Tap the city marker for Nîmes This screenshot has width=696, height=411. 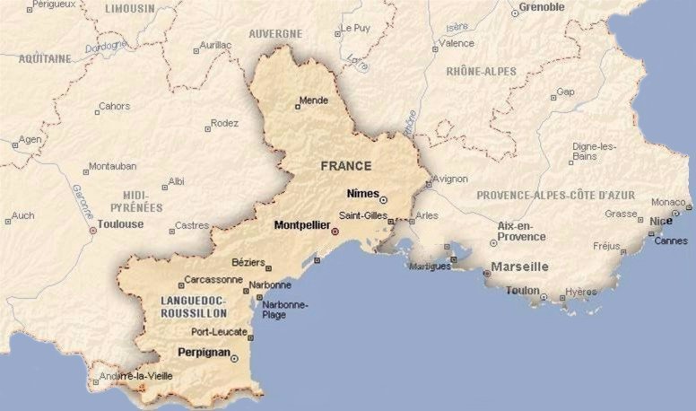(x=383, y=199)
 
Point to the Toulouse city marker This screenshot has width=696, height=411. (x=92, y=231)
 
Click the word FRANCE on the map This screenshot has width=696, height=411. (x=345, y=166)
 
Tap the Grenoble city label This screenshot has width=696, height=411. (x=542, y=7)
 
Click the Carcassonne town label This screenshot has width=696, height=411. (x=214, y=280)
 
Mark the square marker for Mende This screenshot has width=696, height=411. (x=298, y=108)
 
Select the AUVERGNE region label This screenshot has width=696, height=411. (x=275, y=34)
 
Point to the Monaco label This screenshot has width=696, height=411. (x=668, y=202)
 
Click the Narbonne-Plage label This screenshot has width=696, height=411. (x=284, y=310)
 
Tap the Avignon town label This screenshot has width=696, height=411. (x=449, y=179)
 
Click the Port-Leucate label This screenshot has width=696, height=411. (x=219, y=331)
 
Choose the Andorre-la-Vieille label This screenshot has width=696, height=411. (x=135, y=376)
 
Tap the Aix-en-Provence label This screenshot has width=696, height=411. (x=521, y=231)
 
